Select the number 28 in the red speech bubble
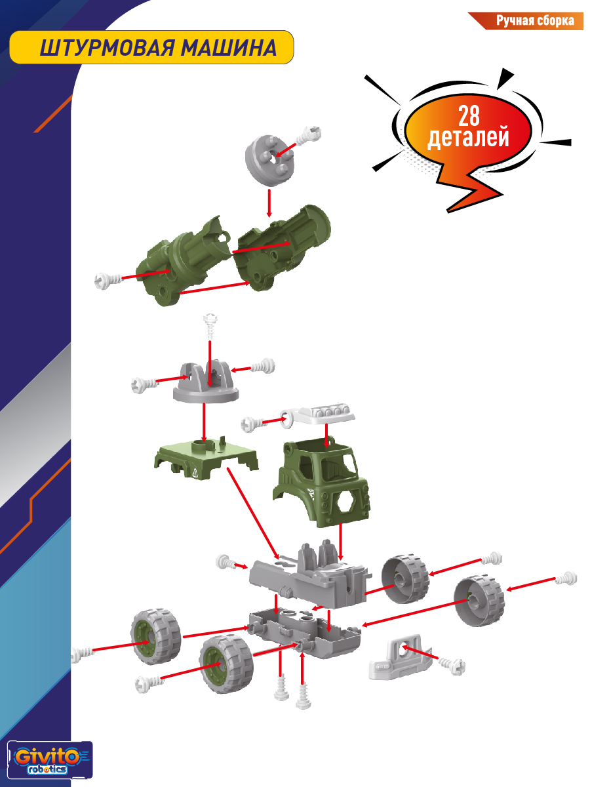468,116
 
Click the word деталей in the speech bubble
468,137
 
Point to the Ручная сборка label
535,20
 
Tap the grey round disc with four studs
269,160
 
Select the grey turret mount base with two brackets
206,382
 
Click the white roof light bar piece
318,415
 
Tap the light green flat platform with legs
206,458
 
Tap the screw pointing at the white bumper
452,666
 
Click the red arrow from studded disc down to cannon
269,203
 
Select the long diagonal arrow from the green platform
252,514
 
